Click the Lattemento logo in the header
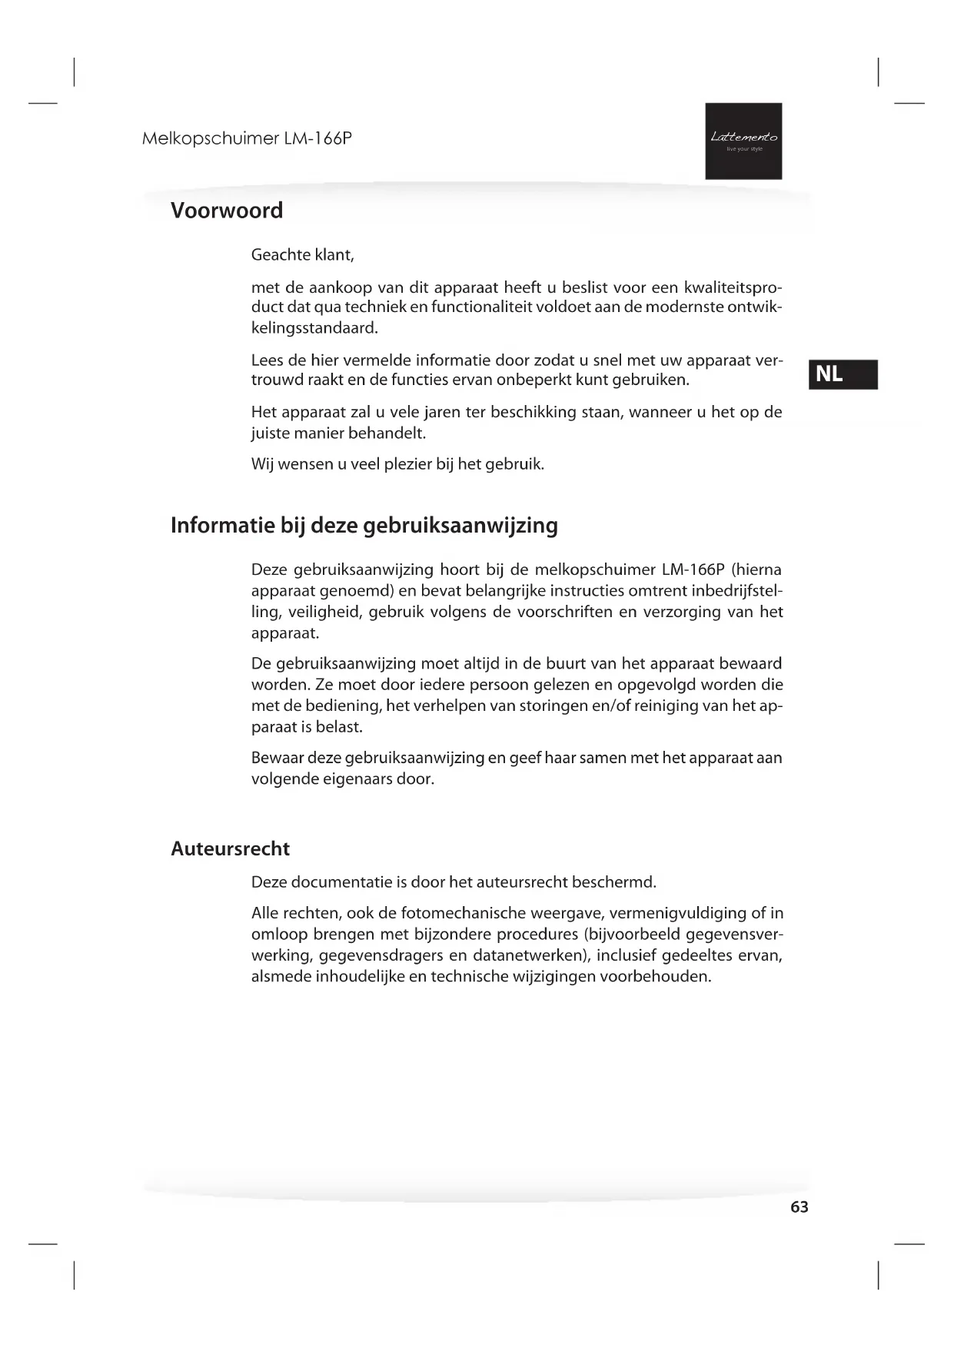pos(743,141)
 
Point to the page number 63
pos(799,1207)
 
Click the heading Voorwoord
pos(227,211)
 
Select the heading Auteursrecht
pos(230,848)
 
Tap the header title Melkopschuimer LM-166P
pos(247,139)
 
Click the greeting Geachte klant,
pos(302,254)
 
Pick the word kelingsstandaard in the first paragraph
pos(314,328)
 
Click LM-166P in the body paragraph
pos(688,570)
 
